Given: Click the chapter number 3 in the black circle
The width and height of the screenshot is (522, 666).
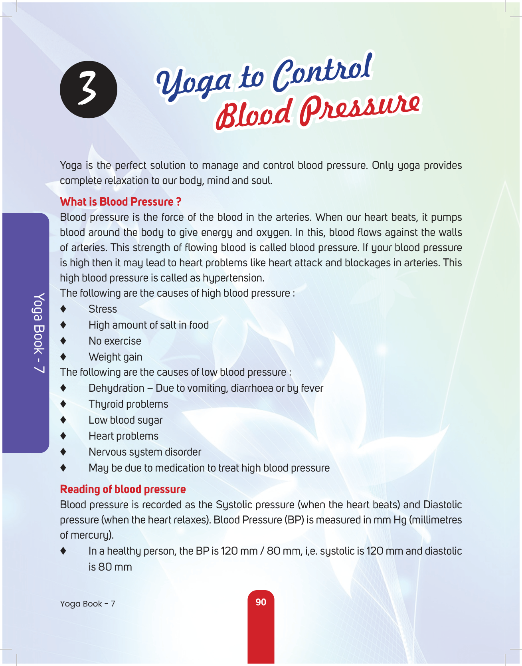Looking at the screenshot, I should pyautogui.click(x=88, y=89).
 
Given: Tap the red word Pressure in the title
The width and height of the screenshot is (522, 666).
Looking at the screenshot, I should pyautogui.click(x=359, y=110).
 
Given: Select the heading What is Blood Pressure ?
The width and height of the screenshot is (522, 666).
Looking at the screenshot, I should pyautogui.click(x=121, y=202).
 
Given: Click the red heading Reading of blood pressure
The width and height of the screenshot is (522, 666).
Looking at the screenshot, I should pyautogui.click(x=123, y=489).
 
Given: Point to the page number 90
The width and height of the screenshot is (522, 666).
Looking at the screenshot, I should pyautogui.click(x=261, y=602).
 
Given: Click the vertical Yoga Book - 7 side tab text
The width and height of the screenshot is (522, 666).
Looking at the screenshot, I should pyautogui.click(x=39, y=333).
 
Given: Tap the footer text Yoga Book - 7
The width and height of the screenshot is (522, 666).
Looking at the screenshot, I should pyautogui.click(x=87, y=604).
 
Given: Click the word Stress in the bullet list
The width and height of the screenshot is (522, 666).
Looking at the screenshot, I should pyautogui.click(x=103, y=309).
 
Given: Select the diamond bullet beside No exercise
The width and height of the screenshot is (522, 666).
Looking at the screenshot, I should pyautogui.click(x=63, y=341).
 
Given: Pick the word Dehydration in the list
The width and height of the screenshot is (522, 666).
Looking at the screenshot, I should pyautogui.click(x=117, y=388).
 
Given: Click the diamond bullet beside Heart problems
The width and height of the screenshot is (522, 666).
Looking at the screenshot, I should pyautogui.click(x=63, y=436).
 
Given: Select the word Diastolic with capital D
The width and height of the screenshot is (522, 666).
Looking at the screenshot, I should pyautogui.click(x=443, y=505).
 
